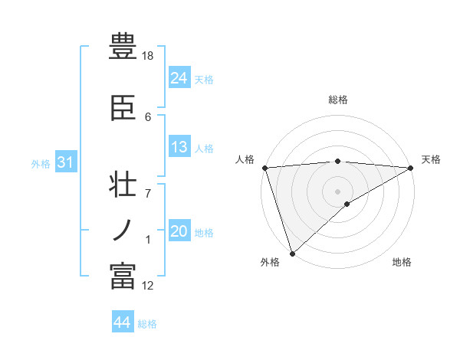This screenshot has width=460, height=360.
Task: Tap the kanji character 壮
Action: [x=123, y=187]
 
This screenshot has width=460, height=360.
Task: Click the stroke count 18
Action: [x=149, y=56]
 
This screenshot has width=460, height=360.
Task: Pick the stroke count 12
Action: [x=148, y=286]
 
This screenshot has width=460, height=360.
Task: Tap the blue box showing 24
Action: [x=179, y=78]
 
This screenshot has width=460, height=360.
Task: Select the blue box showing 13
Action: [x=179, y=147]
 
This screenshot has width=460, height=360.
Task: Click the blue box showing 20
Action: [x=179, y=231]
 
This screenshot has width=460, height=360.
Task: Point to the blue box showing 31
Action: [x=66, y=163]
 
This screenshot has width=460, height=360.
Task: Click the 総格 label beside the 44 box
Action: [x=147, y=324]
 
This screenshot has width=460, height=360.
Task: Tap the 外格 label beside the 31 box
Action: [x=41, y=164]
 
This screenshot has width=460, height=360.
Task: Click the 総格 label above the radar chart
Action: [x=338, y=100]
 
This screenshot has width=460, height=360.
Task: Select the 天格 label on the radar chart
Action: [x=431, y=159]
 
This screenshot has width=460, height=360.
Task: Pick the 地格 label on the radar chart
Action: [x=402, y=262]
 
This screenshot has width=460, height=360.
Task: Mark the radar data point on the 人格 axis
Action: [x=264, y=168]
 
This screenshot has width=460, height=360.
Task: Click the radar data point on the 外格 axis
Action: [x=292, y=254]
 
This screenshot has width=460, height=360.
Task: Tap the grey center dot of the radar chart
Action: [x=337, y=191]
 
